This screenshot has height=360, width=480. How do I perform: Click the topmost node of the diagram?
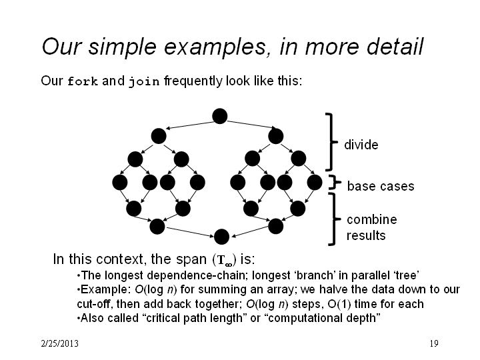point(220,116)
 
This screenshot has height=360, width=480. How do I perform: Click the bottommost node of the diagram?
point(221,237)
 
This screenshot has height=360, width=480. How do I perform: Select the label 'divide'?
point(361,145)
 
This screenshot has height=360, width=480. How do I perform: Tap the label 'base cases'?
point(381,186)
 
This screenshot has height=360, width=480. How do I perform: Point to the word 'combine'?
point(371,219)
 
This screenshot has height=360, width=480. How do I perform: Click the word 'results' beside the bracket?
point(366,235)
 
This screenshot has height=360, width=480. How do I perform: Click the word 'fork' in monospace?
point(83,81)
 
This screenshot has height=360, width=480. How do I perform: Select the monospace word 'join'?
point(144,81)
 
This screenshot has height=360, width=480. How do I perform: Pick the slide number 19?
point(434,343)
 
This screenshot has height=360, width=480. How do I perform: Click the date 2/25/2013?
point(60,343)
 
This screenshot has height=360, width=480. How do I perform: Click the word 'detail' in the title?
point(395,46)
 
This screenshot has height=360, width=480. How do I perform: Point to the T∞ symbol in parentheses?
point(225,260)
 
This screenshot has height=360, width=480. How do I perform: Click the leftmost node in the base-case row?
point(120,183)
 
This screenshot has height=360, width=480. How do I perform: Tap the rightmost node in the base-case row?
point(315,183)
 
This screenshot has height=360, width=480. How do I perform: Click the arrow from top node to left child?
point(190,125)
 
